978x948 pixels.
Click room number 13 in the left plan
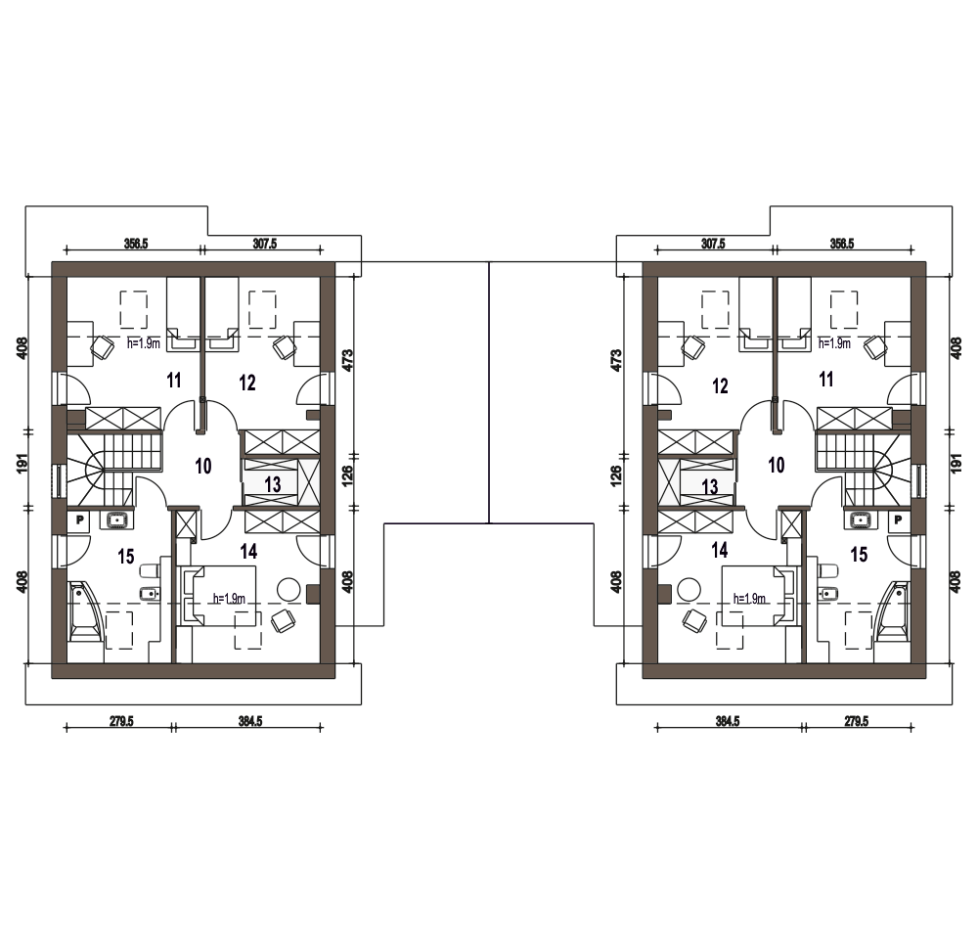tap(273, 484)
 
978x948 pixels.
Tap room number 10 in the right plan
tap(776, 465)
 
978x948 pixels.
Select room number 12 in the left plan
tap(247, 383)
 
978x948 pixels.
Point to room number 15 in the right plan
tap(859, 554)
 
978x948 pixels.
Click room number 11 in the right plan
tap(825, 379)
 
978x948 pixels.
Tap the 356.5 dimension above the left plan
tap(135, 244)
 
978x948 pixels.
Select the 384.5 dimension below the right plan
tap(728, 721)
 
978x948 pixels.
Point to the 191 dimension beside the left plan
tap(22, 463)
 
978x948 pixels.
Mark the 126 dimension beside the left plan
tap(347, 475)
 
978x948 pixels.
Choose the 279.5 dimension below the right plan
tap(856, 721)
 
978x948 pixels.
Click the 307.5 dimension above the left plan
tap(264, 244)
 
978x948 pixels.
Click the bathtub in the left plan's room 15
tap(83, 612)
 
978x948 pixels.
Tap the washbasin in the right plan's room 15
tap(862, 519)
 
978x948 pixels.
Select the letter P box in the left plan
tap(79, 519)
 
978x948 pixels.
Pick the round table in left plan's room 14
tap(289, 590)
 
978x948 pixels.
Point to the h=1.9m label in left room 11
tap(144, 343)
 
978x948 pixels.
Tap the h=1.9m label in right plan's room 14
tap(749, 599)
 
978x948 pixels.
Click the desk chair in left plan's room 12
tap(284, 347)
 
